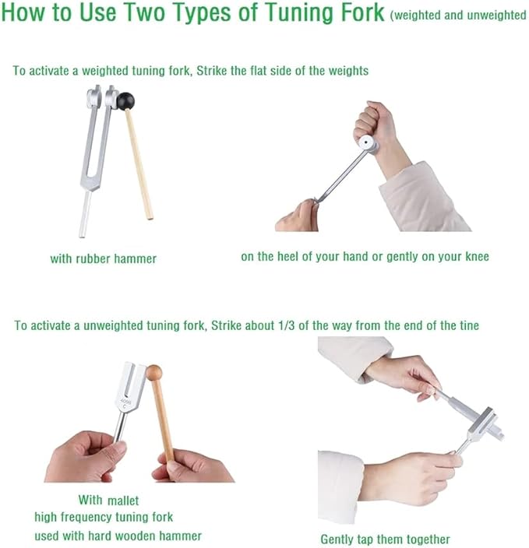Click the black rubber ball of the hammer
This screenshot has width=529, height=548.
[125, 101]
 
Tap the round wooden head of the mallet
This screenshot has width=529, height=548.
[154, 373]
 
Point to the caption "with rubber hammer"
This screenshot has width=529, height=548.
[103, 259]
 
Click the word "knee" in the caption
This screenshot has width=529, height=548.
[477, 257]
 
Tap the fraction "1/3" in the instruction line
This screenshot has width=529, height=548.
[287, 325]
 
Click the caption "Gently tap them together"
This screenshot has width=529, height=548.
[385, 539]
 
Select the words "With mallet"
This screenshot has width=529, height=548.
[108, 500]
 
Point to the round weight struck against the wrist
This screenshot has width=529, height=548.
[368, 144]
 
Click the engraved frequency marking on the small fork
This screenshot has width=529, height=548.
[125, 404]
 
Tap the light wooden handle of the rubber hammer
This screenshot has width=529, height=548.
[139, 164]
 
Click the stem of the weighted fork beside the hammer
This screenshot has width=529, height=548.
[85, 214]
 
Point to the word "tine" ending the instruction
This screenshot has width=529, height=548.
[468, 325]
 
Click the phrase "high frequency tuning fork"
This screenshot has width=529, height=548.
[104, 517]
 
